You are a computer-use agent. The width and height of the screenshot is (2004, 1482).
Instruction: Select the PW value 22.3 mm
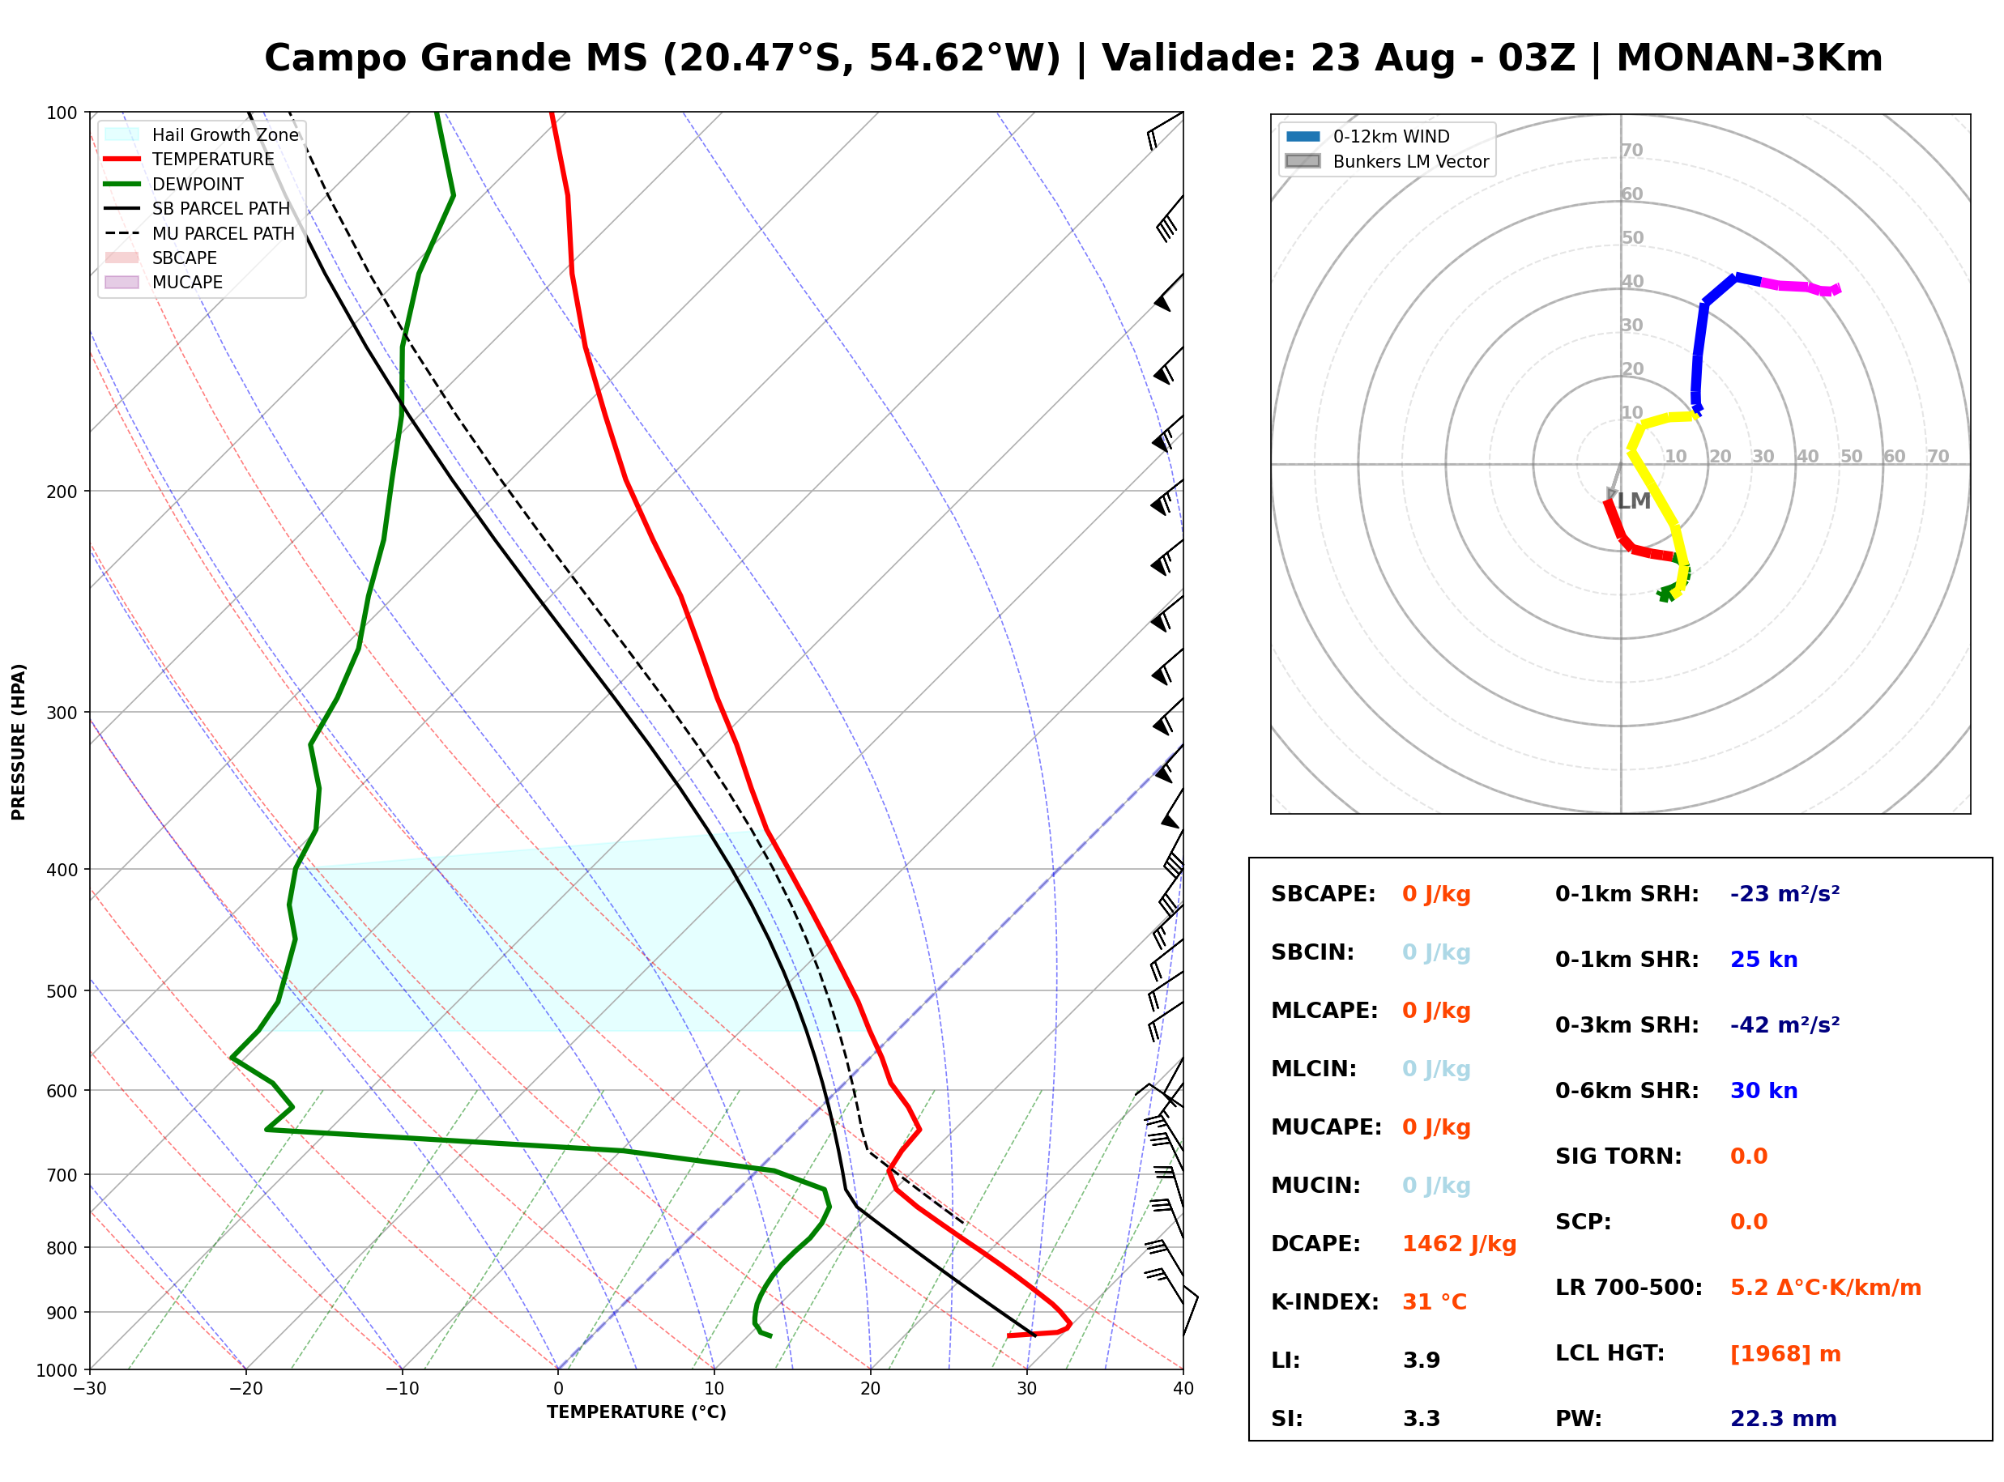coord(1784,1419)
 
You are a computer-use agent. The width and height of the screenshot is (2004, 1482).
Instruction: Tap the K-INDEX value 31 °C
coord(1435,1302)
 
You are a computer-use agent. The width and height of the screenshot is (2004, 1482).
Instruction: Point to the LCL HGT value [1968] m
coord(1785,1354)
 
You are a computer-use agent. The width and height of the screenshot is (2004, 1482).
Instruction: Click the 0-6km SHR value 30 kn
coord(1763,1091)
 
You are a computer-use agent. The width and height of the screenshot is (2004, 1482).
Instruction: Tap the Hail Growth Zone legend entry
coord(202,134)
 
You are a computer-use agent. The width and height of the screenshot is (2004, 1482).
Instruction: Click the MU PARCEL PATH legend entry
coord(200,233)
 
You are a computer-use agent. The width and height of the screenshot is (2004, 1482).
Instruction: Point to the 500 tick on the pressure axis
coord(62,991)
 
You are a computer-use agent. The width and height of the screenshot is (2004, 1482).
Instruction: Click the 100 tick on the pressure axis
coord(62,112)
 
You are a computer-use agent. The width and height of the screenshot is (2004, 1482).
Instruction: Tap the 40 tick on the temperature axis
coord(1183,1389)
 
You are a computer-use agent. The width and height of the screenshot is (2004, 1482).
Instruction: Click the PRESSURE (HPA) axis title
coord(19,742)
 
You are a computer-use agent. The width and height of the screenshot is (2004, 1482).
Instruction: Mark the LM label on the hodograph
coord(1634,501)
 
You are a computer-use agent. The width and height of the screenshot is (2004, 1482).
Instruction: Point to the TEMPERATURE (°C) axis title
coord(636,1412)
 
